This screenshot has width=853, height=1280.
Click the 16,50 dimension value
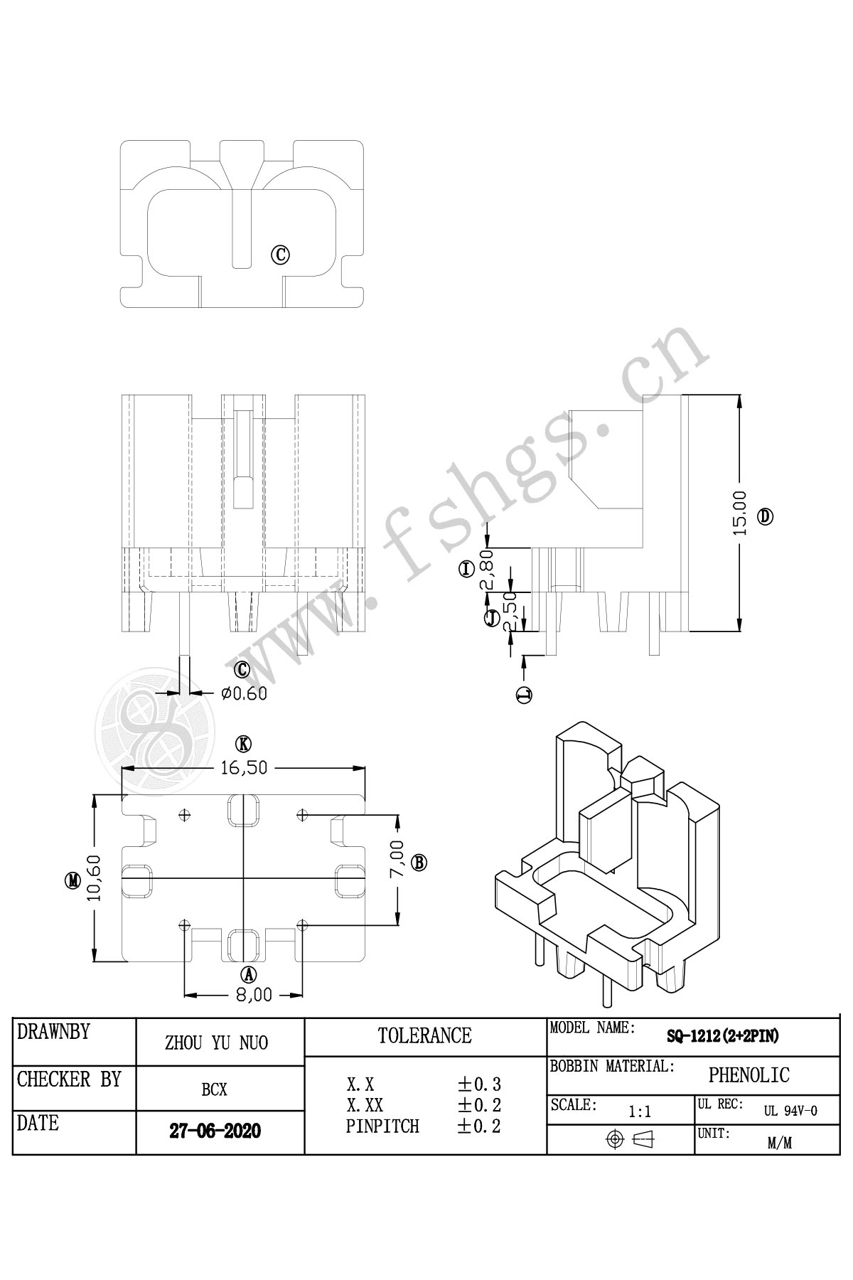(x=244, y=768)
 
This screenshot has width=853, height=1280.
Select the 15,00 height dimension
(x=740, y=512)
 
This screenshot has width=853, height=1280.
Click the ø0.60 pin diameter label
(x=245, y=693)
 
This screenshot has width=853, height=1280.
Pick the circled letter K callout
(x=244, y=744)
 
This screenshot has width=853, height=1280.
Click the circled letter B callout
(x=419, y=863)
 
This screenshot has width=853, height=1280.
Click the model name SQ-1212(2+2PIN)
(x=722, y=1037)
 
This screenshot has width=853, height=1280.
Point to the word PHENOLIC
(x=749, y=1075)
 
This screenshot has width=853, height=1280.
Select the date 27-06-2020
(x=215, y=1131)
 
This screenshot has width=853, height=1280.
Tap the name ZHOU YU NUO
(x=216, y=1043)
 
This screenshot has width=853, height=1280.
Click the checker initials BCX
(x=214, y=1089)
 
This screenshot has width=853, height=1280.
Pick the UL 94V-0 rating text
(x=790, y=1111)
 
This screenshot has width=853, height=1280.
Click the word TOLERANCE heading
(x=424, y=1035)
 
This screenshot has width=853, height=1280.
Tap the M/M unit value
(x=780, y=1143)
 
